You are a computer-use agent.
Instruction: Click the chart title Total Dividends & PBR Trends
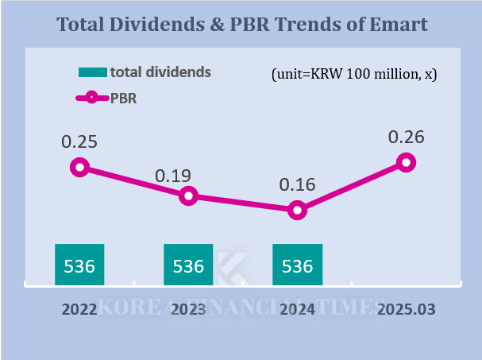coord(241,25)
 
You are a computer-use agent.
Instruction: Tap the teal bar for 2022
coord(79,265)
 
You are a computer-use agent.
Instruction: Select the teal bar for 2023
coord(188,265)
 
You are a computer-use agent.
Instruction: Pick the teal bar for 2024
coord(297,265)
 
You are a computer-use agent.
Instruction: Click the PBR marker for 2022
coord(79,167)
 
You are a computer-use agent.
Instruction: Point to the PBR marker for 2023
coord(188,195)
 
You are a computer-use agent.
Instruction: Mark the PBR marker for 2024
coord(297,210)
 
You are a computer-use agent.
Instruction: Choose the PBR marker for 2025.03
coord(406,162)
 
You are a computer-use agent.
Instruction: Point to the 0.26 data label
coord(406,137)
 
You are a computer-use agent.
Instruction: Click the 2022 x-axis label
coord(79,309)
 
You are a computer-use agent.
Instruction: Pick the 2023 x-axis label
coord(188,309)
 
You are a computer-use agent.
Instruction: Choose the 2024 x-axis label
coord(297,309)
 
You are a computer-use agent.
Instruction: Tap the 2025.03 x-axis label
coord(406,309)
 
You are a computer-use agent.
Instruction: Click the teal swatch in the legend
coord(92,72)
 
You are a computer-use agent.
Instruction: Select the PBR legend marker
coord(91,98)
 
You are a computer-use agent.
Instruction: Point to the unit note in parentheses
coord(354,74)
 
